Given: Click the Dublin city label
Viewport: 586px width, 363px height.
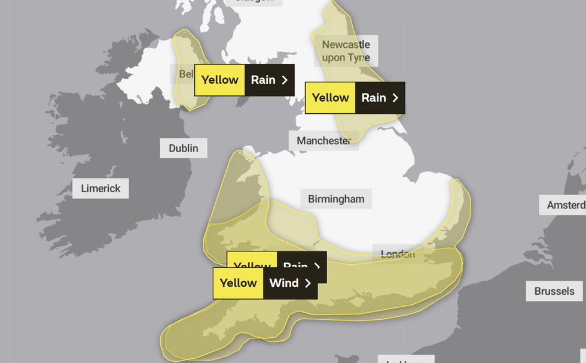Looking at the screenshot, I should [184, 148].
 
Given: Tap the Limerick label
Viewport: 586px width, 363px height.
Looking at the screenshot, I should [100, 188].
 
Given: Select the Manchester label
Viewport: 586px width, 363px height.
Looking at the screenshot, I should [323, 141].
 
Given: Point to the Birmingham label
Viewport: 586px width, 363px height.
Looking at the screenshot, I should [336, 199].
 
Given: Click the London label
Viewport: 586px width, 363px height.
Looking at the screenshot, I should [398, 254].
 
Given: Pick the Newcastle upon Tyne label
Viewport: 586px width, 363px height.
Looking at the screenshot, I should [346, 51].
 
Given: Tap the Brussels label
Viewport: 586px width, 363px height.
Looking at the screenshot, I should [554, 291].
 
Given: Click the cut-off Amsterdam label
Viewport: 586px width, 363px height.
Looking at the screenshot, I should [566, 205].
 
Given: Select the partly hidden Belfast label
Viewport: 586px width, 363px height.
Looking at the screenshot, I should [186, 74].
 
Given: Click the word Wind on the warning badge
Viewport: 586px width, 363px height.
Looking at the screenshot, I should [283, 283].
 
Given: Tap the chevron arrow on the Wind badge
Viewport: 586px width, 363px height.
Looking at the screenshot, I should [308, 283].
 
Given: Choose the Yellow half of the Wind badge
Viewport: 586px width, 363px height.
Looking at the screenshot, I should [238, 283].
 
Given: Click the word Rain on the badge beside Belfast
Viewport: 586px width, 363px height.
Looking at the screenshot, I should [263, 80].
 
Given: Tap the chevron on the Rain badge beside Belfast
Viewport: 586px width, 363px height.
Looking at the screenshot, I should [285, 80].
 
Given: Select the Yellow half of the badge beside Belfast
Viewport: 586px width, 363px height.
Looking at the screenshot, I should [219, 80].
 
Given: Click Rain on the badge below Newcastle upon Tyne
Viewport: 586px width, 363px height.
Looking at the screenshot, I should [373, 98].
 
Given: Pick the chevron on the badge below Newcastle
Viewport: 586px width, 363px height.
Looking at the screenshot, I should [395, 98].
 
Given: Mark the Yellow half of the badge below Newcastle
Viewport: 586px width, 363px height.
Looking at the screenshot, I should [330, 98].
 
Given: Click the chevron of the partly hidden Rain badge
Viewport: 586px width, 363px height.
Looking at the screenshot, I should [318, 266].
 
